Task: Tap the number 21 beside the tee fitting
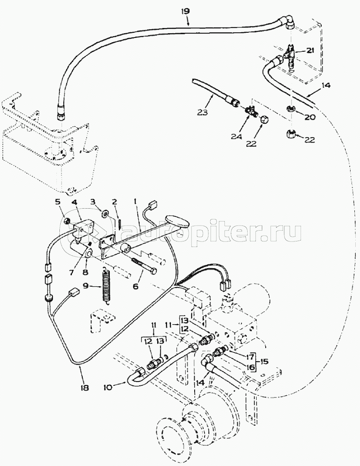(x=310, y=51)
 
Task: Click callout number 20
(x=310, y=116)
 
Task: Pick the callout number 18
(x=84, y=387)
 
